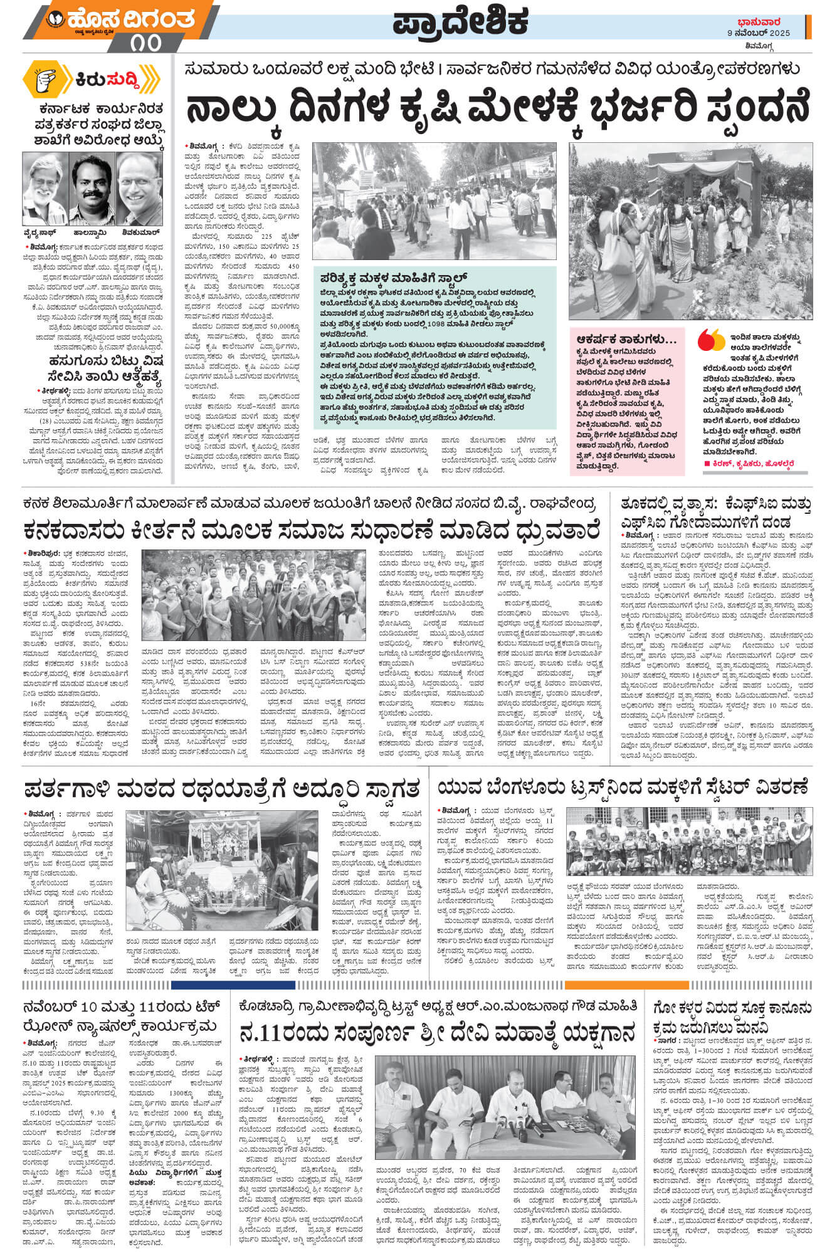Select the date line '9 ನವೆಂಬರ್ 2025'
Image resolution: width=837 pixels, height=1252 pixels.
point(758,33)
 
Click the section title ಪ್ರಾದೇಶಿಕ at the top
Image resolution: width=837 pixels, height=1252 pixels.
point(461,23)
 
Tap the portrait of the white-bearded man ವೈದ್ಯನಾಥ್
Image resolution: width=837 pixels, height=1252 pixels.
point(45,189)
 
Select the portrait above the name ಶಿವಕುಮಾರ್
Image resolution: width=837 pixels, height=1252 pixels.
point(139,189)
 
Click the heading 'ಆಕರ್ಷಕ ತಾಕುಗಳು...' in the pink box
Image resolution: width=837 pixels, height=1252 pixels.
point(627,340)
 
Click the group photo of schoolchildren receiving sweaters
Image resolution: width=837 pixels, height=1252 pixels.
point(689,842)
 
